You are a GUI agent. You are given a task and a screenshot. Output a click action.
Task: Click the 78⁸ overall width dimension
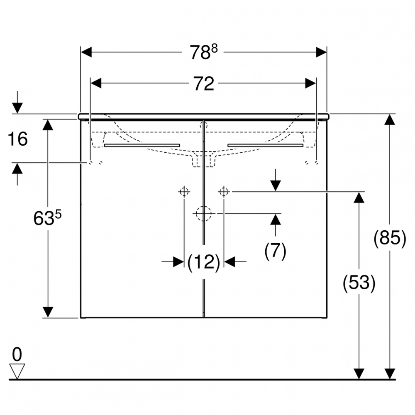tap(204, 53)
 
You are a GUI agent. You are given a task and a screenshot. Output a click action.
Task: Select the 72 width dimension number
tap(203, 84)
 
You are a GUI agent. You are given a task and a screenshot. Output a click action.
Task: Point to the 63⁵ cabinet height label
tap(47, 218)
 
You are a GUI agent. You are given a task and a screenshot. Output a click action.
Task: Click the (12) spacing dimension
tap(203, 262)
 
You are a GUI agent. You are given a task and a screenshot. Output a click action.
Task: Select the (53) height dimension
tap(359, 283)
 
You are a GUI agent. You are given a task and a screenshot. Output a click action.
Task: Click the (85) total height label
tap(390, 239)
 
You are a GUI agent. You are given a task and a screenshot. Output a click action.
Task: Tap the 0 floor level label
tap(17, 354)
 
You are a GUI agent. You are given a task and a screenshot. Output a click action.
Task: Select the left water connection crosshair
tap(184, 192)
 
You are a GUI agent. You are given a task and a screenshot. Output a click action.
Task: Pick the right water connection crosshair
tap(224, 192)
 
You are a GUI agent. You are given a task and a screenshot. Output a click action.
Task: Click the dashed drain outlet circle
tap(203, 213)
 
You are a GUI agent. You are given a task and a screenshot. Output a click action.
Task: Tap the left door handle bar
tap(142, 145)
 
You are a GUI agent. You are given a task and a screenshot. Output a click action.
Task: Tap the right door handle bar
tap(265, 145)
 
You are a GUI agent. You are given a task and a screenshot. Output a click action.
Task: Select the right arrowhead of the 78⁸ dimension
tap(321, 52)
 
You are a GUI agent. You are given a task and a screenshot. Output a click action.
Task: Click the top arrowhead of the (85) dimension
tap(389, 120)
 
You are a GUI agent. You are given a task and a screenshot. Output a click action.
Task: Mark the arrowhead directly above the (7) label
tap(275, 219)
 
